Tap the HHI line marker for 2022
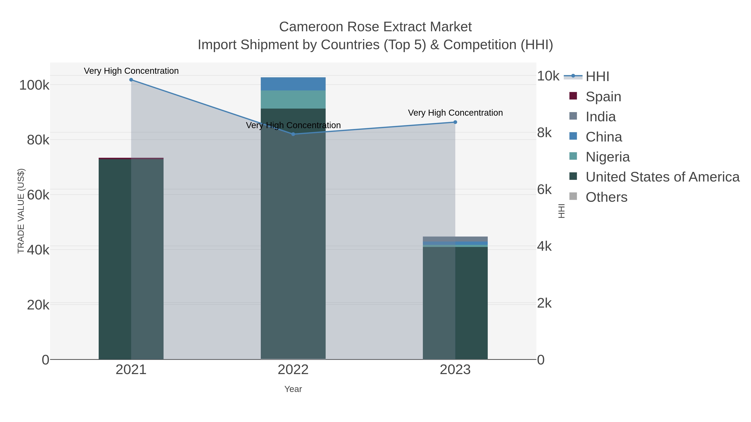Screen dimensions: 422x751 pyautogui.click(x=293, y=134)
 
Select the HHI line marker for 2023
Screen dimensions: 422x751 pyautogui.click(x=455, y=122)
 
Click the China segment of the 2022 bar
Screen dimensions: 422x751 pyautogui.click(x=293, y=84)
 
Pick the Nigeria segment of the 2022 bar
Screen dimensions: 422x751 pyautogui.click(x=293, y=100)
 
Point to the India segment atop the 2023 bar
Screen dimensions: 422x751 pyautogui.click(x=455, y=239)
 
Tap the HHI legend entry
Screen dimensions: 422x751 pyautogui.click(x=597, y=77)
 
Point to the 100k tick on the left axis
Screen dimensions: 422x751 pyautogui.click(x=34, y=85)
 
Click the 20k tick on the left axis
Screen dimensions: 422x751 pyautogui.click(x=38, y=305)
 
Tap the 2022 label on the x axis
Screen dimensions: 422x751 pyautogui.click(x=293, y=370)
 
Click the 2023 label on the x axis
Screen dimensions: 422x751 pyautogui.click(x=455, y=370)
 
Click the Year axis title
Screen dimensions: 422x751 pyautogui.click(x=293, y=389)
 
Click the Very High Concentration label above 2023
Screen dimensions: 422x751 pyautogui.click(x=455, y=113)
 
